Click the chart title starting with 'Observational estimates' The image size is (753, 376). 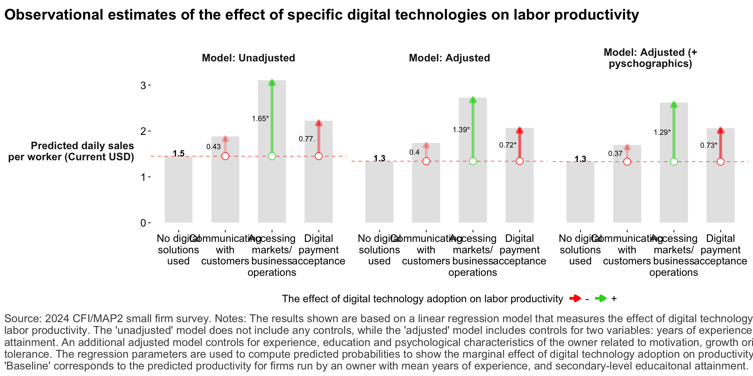click(x=321, y=15)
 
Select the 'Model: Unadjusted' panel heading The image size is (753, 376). click(x=248, y=58)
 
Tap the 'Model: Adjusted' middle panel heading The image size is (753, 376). click(x=449, y=58)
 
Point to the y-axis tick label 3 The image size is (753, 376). click(x=143, y=86)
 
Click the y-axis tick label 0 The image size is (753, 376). click(x=143, y=223)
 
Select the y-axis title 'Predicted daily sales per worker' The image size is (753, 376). click(x=71, y=151)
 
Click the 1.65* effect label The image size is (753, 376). click(x=260, y=119)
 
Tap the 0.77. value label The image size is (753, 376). click(x=307, y=139)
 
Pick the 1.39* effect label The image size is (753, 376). click(x=461, y=130)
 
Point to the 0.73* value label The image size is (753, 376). click(x=709, y=146)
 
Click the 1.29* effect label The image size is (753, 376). click(x=662, y=133)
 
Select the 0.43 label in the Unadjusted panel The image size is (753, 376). click(x=213, y=147)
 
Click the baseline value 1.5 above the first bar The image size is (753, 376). click(x=178, y=153)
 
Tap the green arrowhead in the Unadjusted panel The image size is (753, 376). click(x=272, y=83)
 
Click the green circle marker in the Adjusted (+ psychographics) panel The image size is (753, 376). click(x=674, y=162)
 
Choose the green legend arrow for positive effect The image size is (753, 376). click(x=600, y=298)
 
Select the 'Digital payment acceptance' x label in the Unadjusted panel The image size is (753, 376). click(x=319, y=250)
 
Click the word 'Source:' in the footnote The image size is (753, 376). click(x=23, y=319)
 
